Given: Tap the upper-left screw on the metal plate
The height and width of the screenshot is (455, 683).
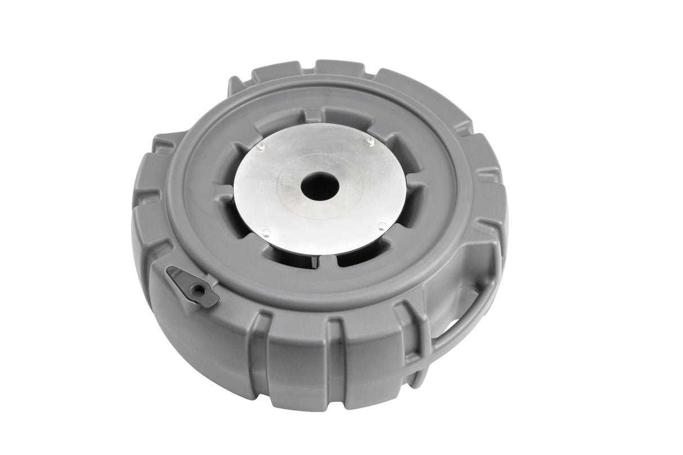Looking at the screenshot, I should [x=260, y=148].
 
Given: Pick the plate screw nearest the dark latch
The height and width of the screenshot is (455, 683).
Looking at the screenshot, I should [x=266, y=232].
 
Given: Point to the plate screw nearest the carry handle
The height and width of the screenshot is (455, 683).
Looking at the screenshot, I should [x=381, y=226].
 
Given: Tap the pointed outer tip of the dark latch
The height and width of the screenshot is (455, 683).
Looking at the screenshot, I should [x=169, y=272].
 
